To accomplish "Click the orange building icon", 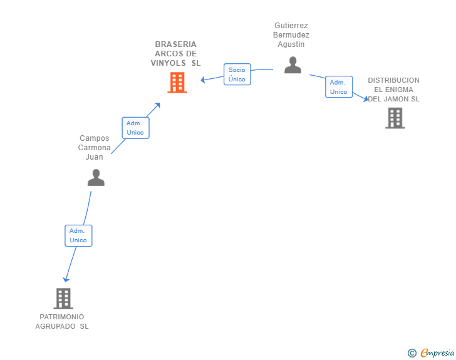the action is (x=177, y=83).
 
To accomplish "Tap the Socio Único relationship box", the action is (x=237, y=74).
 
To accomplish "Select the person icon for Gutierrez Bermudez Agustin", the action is (x=293, y=65).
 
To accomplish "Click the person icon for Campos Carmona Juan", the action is (x=96, y=177).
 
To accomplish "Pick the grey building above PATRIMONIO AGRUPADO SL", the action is (x=63, y=299).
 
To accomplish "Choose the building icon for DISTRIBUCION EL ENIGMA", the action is (x=395, y=118).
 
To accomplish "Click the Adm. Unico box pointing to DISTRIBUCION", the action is (x=339, y=87).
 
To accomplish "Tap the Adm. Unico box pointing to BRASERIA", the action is (x=135, y=128).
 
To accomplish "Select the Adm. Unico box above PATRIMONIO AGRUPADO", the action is (x=78, y=235).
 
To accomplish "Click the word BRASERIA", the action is (x=175, y=44).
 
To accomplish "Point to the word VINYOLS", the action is (x=168, y=63).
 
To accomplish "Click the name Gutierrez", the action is (x=291, y=26).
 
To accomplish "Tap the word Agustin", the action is (x=291, y=44).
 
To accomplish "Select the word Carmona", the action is (x=94, y=148).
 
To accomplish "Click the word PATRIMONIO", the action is (x=62, y=317).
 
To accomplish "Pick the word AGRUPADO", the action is (x=55, y=327).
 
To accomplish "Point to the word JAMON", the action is (x=396, y=99).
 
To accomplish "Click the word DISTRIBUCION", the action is (x=394, y=80).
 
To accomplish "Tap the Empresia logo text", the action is (x=437, y=353).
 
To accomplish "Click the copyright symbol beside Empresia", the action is (x=412, y=353).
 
